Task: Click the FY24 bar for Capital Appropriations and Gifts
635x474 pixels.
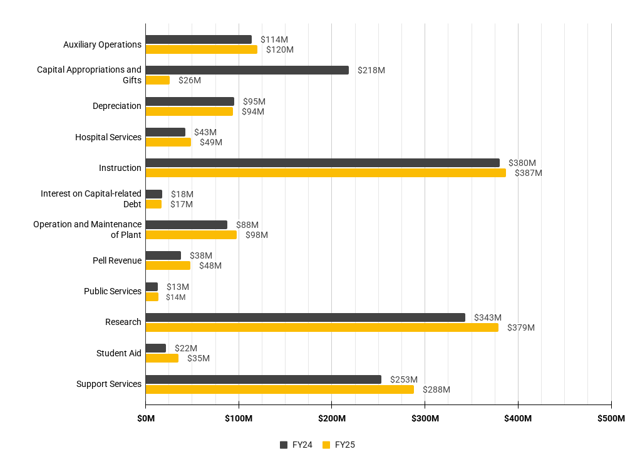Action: click(x=247, y=70)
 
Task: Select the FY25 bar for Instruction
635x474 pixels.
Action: click(x=325, y=173)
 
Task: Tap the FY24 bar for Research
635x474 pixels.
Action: click(x=305, y=317)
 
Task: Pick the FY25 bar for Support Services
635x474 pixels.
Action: click(x=279, y=389)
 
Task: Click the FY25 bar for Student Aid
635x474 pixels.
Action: click(x=162, y=358)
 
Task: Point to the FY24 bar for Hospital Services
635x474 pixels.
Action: click(x=165, y=132)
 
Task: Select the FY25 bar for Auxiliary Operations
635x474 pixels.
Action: click(x=201, y=49)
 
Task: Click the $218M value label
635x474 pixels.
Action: click(x=371, y=70)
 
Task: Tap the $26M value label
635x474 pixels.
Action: click(x=189, y=80)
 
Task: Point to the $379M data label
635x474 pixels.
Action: click(x=520, y=327)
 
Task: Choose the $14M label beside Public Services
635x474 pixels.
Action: click(x=175, y=297)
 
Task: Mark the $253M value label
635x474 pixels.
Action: click(x=403, y=379)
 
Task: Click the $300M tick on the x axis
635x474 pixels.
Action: click(x=425, y=418)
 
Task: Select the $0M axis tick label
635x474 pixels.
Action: click(x=145, y=418)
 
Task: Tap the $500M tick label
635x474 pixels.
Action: click(x=611, y=418)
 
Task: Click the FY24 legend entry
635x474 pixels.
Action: click(x=296, y=445)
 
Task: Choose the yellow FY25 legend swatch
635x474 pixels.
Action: click(x=326, y=445)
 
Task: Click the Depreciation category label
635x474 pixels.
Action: click(x=116, y=106)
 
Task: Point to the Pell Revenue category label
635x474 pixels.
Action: click(x=116, y=260)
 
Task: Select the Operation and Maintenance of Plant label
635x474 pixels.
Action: click(x=88, y=229)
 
